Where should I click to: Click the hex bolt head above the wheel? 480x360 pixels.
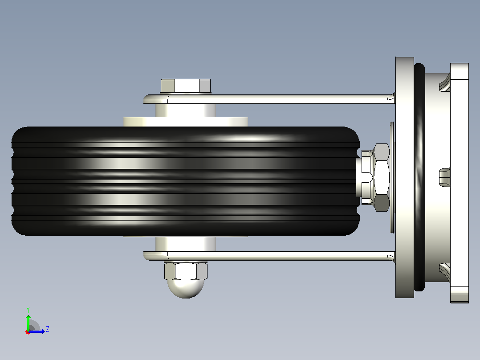186,86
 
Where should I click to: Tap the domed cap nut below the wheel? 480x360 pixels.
186,279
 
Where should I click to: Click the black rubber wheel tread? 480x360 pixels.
186,181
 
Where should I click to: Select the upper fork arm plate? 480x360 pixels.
269,99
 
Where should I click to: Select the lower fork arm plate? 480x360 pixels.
269,256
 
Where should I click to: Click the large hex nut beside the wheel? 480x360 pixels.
382,177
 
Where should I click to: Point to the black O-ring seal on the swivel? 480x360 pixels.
419,177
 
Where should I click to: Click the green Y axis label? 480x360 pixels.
28,310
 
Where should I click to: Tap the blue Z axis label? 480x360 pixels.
48,329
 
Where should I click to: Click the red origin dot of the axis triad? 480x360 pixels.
28,332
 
